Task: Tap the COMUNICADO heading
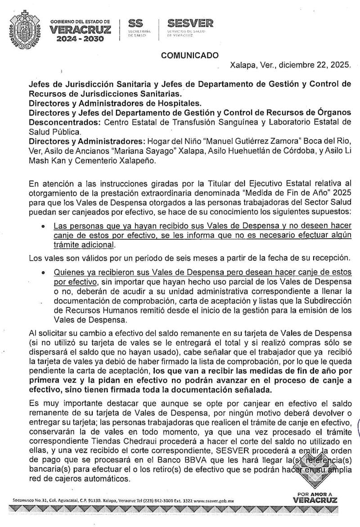tap(190, 55)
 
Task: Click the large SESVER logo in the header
tap(190, 23)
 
